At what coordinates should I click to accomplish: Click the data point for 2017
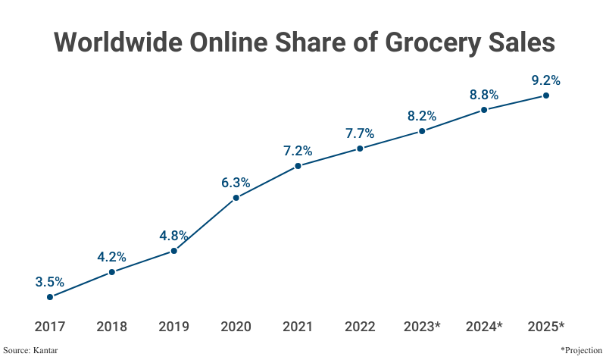point(50,297)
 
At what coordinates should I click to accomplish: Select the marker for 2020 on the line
point(236,198)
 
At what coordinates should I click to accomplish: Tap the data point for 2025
point(545,95)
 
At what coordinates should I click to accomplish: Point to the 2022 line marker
point(360,149)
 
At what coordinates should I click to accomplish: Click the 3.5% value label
point(50,282)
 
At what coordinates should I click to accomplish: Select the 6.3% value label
point(236,183)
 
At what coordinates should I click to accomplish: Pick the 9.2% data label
point(545,80)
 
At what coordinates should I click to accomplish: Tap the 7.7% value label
point(360,133)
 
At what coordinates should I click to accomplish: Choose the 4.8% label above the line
point(173,235)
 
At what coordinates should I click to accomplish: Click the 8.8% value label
point(483,95)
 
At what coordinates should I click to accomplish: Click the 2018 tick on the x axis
point(111,327)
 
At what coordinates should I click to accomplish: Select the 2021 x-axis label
point(298,327)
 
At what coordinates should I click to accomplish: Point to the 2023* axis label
point(423,327)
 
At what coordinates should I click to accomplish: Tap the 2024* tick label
point(485,327)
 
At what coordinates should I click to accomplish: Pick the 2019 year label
point(173,327)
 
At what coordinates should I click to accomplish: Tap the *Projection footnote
point(582,350)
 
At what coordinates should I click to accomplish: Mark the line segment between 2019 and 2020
point(205,224)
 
